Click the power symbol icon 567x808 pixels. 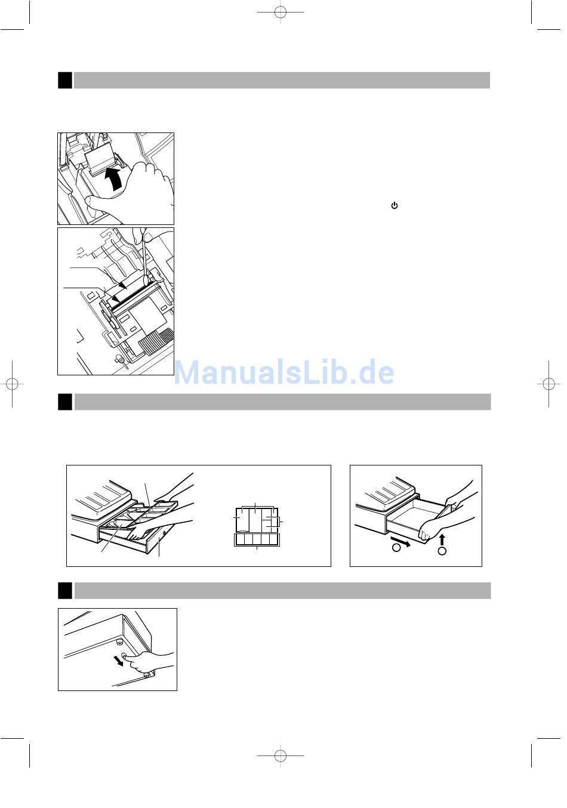tap(395, 206)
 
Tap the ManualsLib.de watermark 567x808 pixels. tap(284, 373)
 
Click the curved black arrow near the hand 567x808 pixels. tap(115, 178)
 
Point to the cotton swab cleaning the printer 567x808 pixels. tap(144, 257)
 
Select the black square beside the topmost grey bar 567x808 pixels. tap(65, 80)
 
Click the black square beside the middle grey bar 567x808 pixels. tap(65, 402)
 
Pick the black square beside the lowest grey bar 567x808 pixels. tap(65, 591)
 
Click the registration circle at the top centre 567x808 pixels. tap(281, 13)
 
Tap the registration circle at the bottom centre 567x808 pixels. tap(281, 755)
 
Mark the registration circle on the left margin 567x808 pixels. tap(13, 384)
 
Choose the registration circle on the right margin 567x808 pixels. tap(548, 384)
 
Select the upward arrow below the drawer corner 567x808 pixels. tap(442, 539)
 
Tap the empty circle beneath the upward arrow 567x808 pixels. tap(442, 551)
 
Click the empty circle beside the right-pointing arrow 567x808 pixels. tap(396, 548)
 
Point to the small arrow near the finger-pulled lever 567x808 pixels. tap(118, 660)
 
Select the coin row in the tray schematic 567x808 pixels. tap(257, 539)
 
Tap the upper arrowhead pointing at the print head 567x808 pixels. tap(124, 286)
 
